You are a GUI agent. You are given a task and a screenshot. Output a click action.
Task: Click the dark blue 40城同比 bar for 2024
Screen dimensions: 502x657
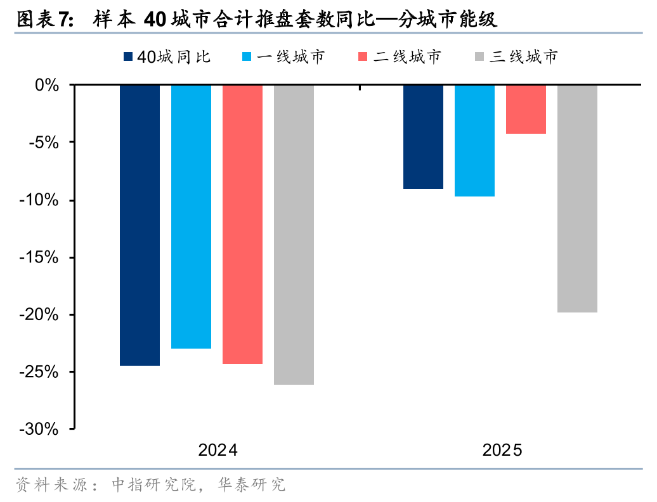click(140, 225)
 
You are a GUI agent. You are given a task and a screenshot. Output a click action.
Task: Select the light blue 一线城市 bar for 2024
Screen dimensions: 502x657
click(191, 216)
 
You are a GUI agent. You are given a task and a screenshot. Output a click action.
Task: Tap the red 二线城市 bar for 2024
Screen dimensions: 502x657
click(242, 224)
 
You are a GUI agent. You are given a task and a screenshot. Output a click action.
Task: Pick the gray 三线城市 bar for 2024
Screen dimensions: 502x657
click(294, 235)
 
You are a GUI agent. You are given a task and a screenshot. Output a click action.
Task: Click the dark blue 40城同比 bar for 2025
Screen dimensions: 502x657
click(423, 136)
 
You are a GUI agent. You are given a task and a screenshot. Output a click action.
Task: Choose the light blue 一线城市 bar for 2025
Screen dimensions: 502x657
click(474, 140)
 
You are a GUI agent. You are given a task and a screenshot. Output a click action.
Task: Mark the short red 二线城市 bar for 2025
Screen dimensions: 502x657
click(526, 109)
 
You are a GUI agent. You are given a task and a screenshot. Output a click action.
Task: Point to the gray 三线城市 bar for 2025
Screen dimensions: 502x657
click(577, 198)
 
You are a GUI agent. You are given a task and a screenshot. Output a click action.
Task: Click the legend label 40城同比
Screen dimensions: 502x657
click(174, 57)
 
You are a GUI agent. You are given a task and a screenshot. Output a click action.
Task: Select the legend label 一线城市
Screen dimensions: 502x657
click(291, 57)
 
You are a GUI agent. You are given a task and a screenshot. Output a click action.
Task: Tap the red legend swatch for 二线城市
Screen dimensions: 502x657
click(363, 57)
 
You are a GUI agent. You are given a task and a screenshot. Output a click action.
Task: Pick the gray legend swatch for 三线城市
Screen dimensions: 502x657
click(479, 57)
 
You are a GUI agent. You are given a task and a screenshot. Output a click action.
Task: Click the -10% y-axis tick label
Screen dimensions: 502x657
click(41, 200)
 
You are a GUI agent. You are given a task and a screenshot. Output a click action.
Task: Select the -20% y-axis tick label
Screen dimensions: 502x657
click(41, 315)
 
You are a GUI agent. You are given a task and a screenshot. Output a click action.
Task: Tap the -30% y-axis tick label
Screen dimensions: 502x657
click(41, 430)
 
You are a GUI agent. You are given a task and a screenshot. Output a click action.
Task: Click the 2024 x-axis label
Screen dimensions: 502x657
click(218, 451)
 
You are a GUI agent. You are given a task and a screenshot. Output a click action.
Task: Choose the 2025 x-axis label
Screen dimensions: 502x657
click(502, 451)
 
